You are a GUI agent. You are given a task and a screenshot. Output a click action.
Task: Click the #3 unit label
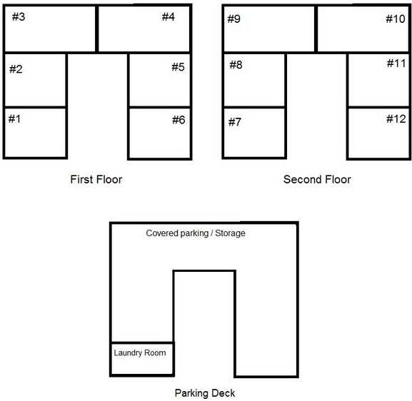pos(19,17)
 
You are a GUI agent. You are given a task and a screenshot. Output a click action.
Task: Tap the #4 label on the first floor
pos(169,17)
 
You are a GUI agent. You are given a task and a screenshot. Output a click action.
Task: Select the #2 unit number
pos(16,69)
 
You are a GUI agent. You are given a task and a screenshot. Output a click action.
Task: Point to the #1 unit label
pos(14,119)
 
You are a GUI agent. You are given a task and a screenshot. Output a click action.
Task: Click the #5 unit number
pos(178,67)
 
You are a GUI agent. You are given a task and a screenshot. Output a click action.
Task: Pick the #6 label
pos(179,120)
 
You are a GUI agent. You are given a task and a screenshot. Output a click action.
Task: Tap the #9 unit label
pos(234,19)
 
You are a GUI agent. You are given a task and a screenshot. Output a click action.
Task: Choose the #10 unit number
pos(396,19)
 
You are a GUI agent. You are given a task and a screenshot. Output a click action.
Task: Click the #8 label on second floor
pos(236,65)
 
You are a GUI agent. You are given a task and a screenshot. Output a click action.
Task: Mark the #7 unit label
pos(235,122)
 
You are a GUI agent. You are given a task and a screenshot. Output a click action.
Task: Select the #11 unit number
pos(396,64)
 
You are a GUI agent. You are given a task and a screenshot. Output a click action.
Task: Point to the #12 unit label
pos(396,119)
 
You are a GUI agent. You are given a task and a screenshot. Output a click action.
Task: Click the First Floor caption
pos(96,179)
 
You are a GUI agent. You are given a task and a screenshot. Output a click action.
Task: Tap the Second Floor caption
pos(317,179)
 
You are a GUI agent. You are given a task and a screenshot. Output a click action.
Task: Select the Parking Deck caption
pos(205,393)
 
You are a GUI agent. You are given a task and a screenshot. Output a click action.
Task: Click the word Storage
pos(230,233)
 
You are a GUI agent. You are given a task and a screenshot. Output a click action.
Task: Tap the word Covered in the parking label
pos(162,233)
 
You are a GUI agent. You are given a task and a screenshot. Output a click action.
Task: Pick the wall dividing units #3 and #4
pos(96,29)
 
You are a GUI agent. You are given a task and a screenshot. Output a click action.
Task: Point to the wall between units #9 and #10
pos(316,29)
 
